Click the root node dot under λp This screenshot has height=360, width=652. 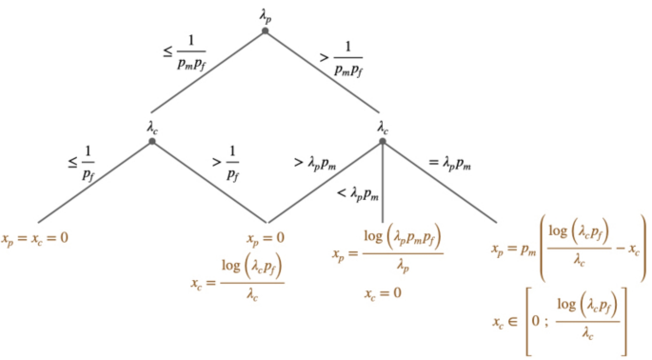[266, 31]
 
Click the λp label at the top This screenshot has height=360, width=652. [266, 14]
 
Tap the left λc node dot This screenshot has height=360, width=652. [151, 142]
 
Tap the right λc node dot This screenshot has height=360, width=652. [382, 142]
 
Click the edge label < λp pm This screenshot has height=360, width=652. [359, 194]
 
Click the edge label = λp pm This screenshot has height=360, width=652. [449, 162]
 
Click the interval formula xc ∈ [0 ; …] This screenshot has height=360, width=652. [562, 322]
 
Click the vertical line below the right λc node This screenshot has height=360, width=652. [382, 186]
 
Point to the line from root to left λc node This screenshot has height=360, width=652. [208, 87]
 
